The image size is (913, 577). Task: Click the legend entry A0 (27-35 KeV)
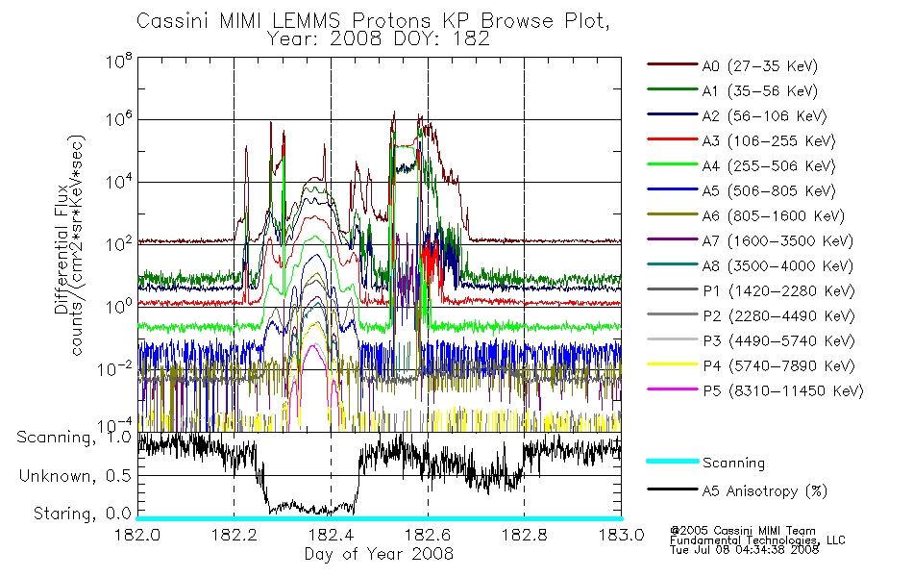click(x=759, y=65)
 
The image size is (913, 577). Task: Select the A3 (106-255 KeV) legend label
click(x=768, y=141)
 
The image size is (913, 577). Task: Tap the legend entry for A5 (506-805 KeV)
click(x=768, y=191)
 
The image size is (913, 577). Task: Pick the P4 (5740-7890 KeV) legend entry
click(x=778, y=366)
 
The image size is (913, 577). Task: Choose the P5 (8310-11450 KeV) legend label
click(x=782, y=391)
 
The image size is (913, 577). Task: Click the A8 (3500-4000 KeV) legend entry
click(x=777, y=266)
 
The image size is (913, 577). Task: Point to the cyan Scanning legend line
click(x=673, y=461)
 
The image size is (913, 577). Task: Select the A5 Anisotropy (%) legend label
click(x=764, y=491)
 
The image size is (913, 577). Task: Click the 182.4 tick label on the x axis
click(x=331, y=535)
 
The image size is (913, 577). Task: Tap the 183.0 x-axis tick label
click(x=621, y=535)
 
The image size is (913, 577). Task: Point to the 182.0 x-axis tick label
click(x=137, y=535)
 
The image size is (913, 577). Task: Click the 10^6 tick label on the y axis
click(x=118, y=119)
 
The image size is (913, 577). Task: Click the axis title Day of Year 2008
click(x=379, y=554)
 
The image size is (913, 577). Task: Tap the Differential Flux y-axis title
click(x=62, y=249)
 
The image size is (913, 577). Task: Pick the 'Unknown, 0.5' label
click(x=75, y=476)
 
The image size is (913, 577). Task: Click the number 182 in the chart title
click(x=472, y=39)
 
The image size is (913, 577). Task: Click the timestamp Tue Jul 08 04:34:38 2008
click(x=744, y=550)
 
